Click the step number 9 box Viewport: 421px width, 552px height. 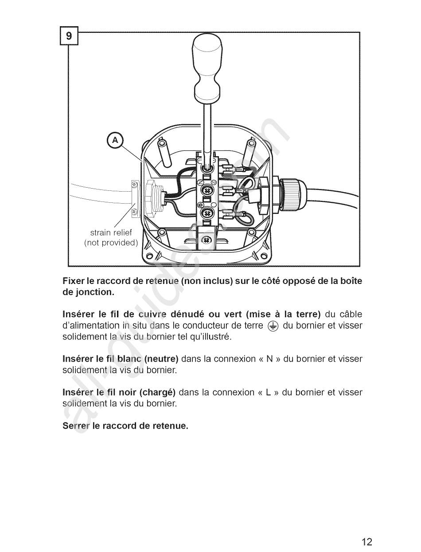point(69,36)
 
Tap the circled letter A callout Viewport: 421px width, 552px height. point(115,141)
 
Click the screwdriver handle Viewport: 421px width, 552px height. point(207,67)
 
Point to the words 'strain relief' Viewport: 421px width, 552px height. point(111,233)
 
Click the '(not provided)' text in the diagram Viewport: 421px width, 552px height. point(111,243)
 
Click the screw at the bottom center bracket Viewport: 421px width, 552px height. point(206,240)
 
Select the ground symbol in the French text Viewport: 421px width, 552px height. point(273,326)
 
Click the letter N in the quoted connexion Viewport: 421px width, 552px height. point(269,359)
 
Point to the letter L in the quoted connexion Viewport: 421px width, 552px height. point(269,393)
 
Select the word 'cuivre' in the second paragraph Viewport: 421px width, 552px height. point(152,315)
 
